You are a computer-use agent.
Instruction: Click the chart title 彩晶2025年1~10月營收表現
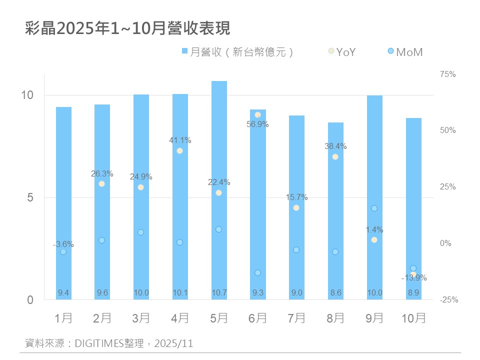point(128,28)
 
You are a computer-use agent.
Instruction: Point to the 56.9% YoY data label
point(257,124)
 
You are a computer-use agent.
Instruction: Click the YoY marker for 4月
point(179,151)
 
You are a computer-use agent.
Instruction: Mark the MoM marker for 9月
point(374,208)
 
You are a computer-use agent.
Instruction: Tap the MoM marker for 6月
point(257,273)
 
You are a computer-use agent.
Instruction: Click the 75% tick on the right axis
point(447,74)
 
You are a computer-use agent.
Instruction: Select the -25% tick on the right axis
point(448,300)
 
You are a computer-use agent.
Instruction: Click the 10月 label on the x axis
point(413,318)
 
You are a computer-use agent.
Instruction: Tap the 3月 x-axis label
point(140,318)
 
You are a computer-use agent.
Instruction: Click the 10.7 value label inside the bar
point(218,292)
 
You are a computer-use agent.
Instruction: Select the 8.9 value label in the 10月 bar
point(413,292)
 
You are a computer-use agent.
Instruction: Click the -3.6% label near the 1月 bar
point(63,244)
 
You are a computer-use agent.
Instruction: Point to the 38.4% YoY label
point(335,146)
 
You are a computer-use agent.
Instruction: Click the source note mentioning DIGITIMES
point(109,343)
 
